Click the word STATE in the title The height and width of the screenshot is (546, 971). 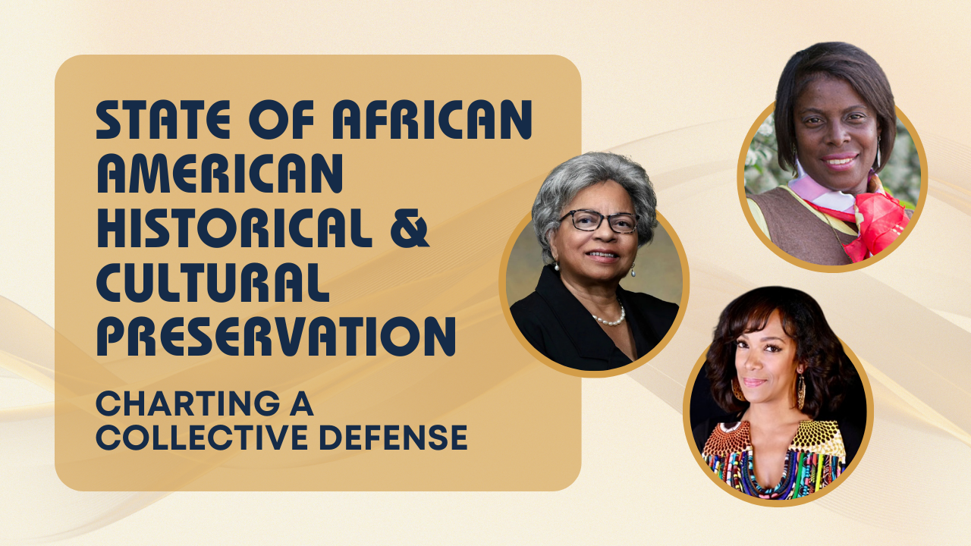[163, 120]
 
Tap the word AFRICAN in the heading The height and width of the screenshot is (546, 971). [432, 120]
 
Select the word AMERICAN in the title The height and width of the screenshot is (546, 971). [220, 174]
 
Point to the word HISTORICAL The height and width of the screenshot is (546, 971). [234, 228]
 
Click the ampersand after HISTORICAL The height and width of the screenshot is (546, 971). [410, 228]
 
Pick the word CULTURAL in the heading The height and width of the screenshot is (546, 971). [212, 282]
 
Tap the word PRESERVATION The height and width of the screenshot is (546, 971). [276, 336]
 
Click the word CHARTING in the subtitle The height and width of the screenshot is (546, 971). [187, 403]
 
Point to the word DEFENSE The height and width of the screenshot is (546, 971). [393, 438]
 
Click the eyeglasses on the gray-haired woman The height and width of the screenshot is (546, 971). [599, 221]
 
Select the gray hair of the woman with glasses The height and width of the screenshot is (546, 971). [593, 190]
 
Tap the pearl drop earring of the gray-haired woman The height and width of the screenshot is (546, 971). [633, 271]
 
